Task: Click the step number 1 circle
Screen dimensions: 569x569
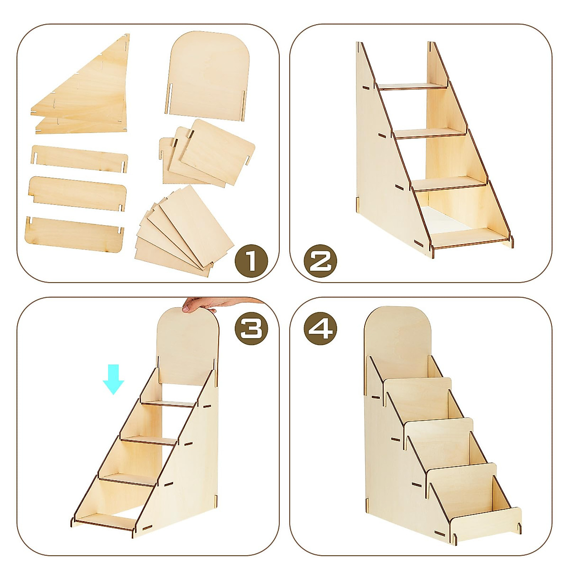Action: tap(251, 260)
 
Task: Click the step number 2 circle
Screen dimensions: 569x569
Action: tap(321, 260)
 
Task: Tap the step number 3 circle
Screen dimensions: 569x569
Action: tap(251, 328)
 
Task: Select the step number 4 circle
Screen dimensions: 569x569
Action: tap(321, 328)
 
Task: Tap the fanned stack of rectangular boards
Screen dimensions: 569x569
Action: tap(185, 232)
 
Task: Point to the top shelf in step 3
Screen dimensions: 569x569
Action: tap(168, 403)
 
